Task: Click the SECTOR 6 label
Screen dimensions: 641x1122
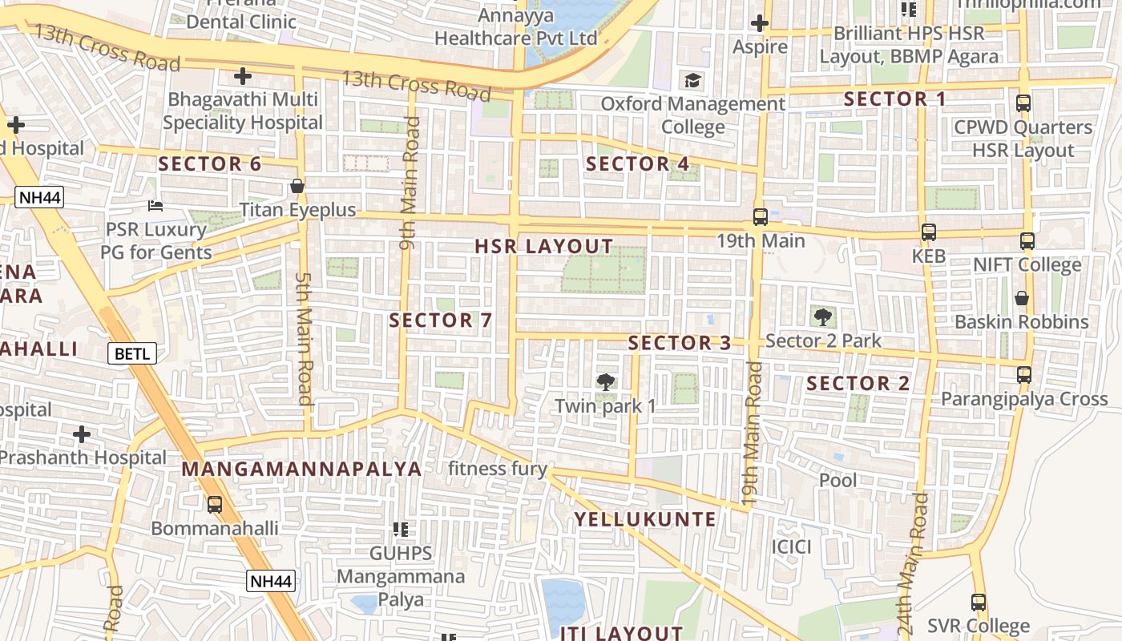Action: pyautogui.click(x=209, y=164)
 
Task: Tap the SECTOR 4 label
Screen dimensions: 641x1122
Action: pyautogui.click(x=637, y=164)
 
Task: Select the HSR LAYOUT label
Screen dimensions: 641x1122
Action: pyautogui.click(x=543, y=247)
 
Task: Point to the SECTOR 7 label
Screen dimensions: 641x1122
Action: pyautogui.click(x=440, y=320)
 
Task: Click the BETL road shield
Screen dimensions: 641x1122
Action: pyautogui.click(x=131, y=353)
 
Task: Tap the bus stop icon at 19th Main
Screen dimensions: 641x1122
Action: pyautogui.click(x=760, y=217)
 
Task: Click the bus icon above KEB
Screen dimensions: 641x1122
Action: pyautogui.click(x=928, y=232)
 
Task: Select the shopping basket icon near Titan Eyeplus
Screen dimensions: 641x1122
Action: pyautogui.click(x=297, y=187)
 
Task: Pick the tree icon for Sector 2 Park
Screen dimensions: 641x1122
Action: pyautogui.click(x=822, y=316)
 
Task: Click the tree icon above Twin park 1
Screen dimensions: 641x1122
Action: pyautogui.click(x=606, y=382)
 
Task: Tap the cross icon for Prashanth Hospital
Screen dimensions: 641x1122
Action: pyautogui.click(x=82, y=434)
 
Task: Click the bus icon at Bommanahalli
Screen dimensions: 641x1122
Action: pyautogui.click(x=215, y=505)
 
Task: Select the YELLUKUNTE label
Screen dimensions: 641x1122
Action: pyautogui.click(x=645, y=519)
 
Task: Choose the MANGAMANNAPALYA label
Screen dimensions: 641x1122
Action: pyautogui.click(x=302, y=470)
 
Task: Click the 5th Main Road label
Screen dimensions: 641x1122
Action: pyautogui.click(x=304, y=339)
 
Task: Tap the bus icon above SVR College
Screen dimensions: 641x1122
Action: pyautogui.click(x=978, y=603)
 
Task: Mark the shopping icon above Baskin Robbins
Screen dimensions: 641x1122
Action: pyautogui.click(x=1022, y=298)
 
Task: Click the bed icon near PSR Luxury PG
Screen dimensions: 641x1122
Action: pyautogui.click(x=155, y=206)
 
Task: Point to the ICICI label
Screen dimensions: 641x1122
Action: pyautogui.click(x=791, y=547)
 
